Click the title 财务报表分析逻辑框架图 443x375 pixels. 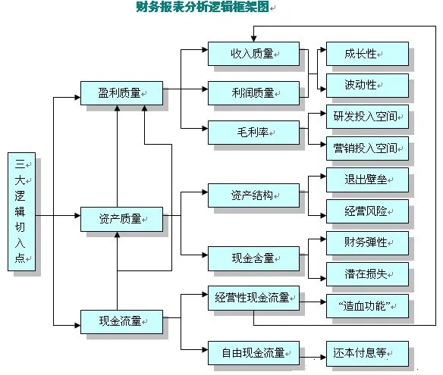coord(200,8)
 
